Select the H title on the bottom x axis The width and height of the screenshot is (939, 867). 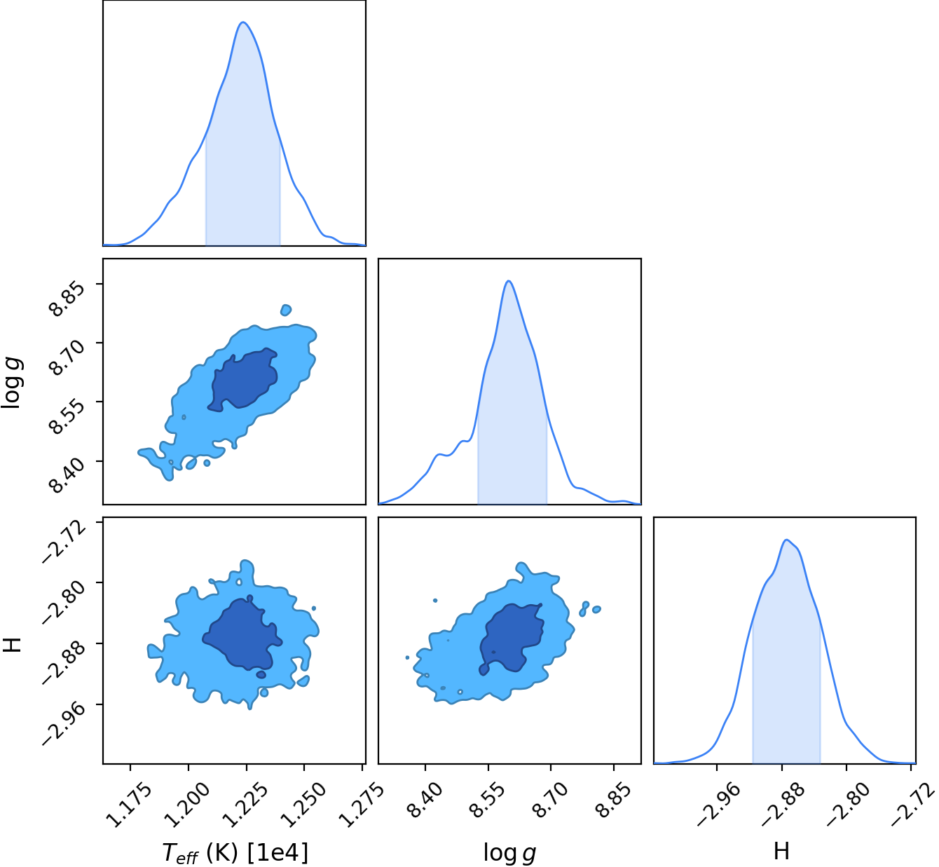781,851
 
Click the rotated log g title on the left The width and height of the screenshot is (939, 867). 12,383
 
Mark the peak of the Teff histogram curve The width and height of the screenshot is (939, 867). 242,22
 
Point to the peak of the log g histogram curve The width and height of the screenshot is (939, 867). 508,281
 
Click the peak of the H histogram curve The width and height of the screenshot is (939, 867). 786,540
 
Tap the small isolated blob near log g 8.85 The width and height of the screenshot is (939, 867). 286,310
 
